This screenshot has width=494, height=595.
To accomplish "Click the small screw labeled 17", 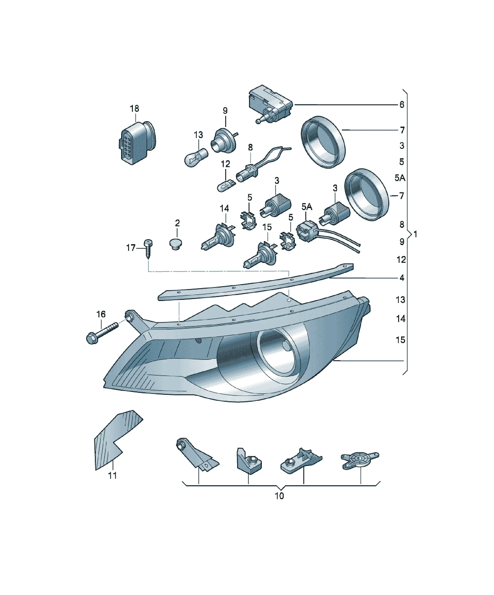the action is point(148,249).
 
